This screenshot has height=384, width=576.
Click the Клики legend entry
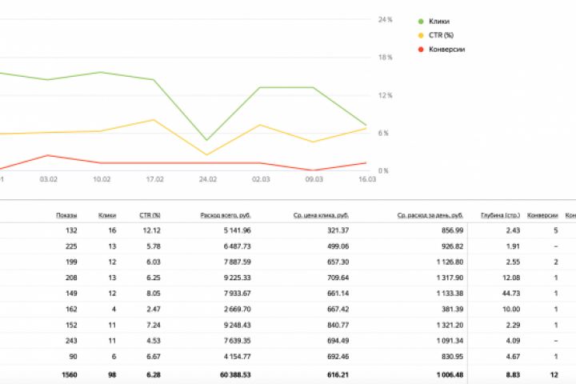pos(439,21)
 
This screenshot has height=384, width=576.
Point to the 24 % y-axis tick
pos(385,19)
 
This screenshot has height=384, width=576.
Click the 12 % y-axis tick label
pos(385,95)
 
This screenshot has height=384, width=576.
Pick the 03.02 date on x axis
pos(48,180)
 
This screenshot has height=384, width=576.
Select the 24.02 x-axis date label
pos(207,180)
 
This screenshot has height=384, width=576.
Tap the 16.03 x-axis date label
pos(366,180)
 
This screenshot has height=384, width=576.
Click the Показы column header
pos(66,215)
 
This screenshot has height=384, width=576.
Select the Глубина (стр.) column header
pos(500,215)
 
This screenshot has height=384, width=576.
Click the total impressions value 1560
pos(68,374)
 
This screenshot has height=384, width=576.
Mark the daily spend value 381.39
pos(450,310)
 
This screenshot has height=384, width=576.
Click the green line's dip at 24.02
pos(207,141)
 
